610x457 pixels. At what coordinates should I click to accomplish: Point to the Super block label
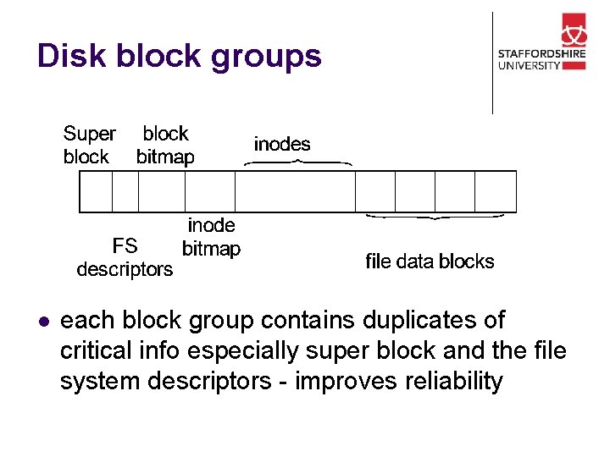[x=89, y=145]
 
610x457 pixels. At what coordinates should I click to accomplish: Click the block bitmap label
[x=165, y=145]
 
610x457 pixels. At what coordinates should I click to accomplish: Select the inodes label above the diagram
[x=282, y=144]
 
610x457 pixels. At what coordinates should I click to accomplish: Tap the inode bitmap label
[x=211, y=237]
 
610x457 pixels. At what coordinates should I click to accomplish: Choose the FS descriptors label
[x=125, y=257]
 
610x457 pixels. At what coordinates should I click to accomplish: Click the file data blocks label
[x=430, y=262]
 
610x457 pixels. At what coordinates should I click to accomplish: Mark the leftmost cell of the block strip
[x=96, y=191]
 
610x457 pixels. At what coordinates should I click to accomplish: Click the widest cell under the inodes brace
[x=295, y=191]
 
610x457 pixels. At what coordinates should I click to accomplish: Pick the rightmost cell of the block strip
[x=496, y=191]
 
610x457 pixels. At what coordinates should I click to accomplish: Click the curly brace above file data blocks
[x=435, y=217]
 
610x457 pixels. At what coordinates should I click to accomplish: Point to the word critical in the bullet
[x=96, y=350]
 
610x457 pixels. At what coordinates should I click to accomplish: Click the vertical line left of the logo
[x=492, y=63]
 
